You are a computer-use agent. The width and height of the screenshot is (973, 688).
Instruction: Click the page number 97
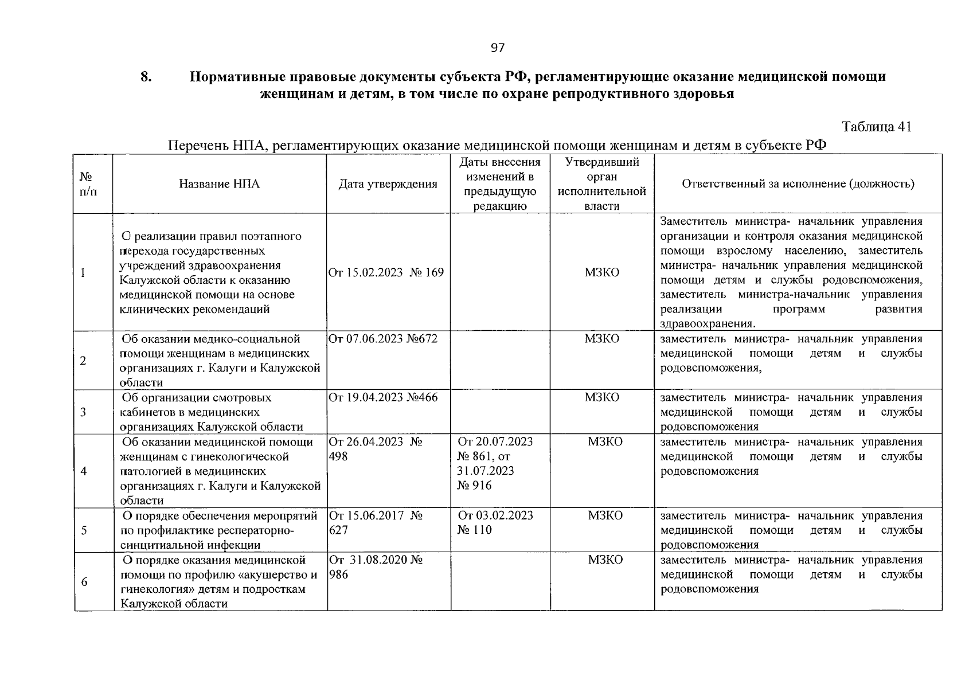498,48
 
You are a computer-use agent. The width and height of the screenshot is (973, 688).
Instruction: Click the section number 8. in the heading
146,77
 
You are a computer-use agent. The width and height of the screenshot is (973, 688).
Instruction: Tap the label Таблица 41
876,127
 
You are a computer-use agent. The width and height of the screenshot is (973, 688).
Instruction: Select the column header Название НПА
219,184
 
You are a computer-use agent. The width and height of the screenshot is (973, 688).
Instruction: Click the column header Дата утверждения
388,184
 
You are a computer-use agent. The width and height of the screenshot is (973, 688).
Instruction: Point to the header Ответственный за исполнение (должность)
798,184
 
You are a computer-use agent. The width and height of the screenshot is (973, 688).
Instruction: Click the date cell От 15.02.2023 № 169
386,272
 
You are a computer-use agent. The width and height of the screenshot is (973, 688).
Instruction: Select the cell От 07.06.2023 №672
382,339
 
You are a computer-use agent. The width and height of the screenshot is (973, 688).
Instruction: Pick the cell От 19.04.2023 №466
382,397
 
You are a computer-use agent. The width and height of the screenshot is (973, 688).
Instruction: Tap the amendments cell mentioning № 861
494,463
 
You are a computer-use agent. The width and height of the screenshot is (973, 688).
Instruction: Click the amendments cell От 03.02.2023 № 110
494,522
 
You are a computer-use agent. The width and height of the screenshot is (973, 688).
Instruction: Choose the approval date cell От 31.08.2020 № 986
376,566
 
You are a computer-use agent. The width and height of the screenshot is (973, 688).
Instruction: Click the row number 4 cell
84,471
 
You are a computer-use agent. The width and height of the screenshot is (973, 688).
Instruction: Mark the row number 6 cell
84,581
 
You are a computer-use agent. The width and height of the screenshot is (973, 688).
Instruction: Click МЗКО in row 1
602,272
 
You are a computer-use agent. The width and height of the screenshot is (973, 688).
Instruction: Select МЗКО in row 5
605,515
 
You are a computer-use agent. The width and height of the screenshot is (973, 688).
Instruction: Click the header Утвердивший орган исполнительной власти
602,184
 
